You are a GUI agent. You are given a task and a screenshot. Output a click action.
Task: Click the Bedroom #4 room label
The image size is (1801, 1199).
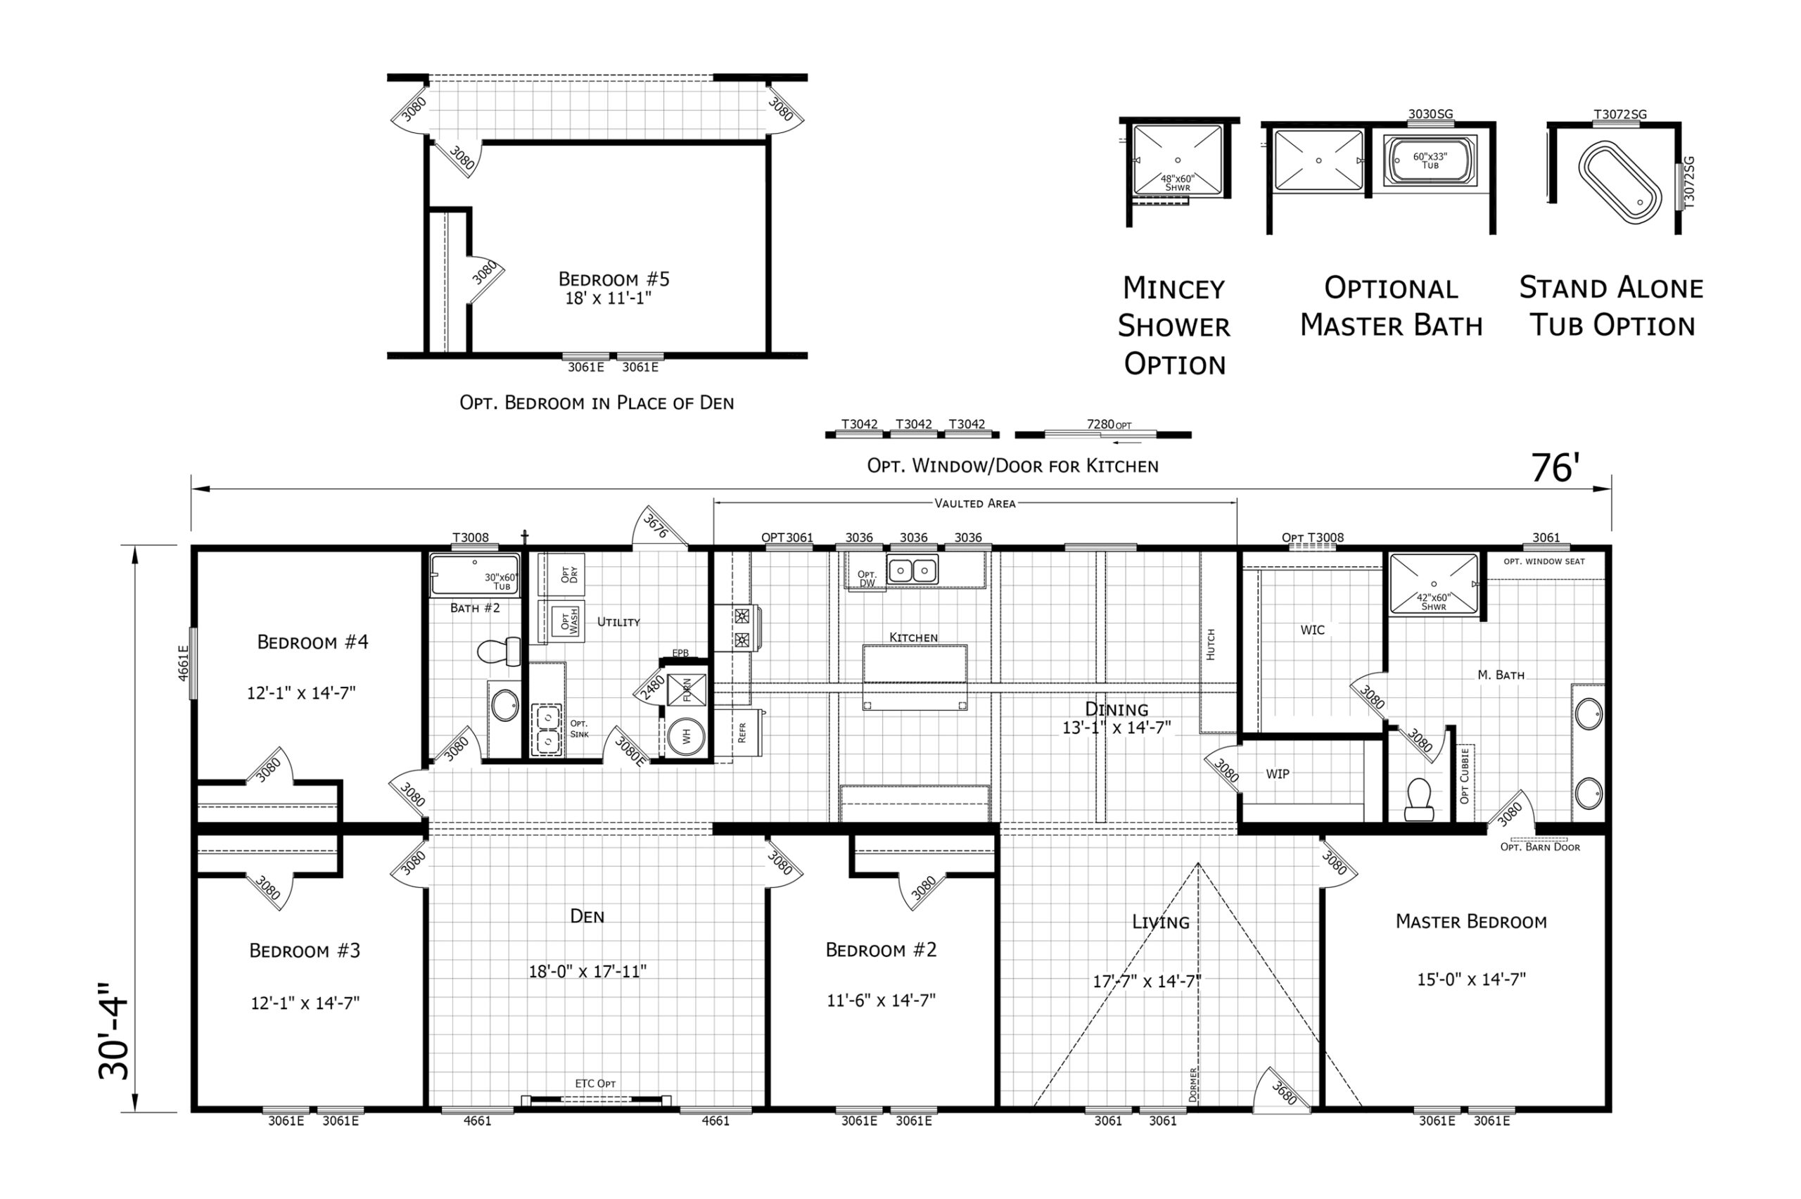click(312, 642)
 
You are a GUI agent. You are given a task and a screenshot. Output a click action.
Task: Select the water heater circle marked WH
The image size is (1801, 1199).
click(686, 735)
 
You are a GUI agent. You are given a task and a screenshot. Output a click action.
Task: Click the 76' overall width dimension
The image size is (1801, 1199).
click(1555, 468)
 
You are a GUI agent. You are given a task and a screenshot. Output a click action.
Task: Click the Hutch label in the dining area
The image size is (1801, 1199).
click(1211, 645)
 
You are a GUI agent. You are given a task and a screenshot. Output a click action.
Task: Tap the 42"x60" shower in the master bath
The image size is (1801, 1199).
click(1433, 583)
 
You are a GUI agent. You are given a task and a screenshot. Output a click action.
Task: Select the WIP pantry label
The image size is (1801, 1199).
click(1278, 774)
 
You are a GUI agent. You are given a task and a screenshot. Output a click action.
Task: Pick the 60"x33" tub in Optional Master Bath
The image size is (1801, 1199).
click(1430, 160)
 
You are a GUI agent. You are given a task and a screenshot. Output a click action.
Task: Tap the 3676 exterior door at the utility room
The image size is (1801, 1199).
click(656, 526)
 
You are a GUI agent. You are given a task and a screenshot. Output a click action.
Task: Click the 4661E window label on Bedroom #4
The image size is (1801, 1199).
click(183, 663)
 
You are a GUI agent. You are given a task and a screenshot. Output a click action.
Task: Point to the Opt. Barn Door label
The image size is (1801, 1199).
click(1539, 847)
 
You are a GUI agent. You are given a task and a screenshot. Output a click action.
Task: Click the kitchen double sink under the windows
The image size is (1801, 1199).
click(912, 571)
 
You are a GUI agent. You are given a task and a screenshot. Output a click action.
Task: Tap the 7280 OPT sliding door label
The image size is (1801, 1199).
click(1109, 424)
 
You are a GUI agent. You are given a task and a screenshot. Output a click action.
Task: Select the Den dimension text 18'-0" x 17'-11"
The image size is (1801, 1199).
click(587, 971)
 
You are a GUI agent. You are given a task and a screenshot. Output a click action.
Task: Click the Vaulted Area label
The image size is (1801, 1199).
click(974, 503)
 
